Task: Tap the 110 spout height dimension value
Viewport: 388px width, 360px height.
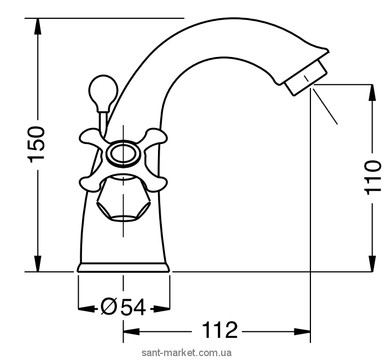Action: pyautogui.click(x=372, y=177)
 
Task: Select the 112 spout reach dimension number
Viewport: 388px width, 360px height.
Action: pyautogui.click(x=219, y=330)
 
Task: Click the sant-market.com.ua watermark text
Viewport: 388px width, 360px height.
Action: pyautogui.click(x=187, y=353)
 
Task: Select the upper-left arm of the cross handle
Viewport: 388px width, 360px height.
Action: pyautogui.click(x=91, y=137)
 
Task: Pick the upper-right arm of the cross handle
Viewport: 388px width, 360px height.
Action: pyautogui.click(x=155, y=137)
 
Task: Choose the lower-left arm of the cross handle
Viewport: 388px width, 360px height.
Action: pyautogui.click(x=91, y=182)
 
